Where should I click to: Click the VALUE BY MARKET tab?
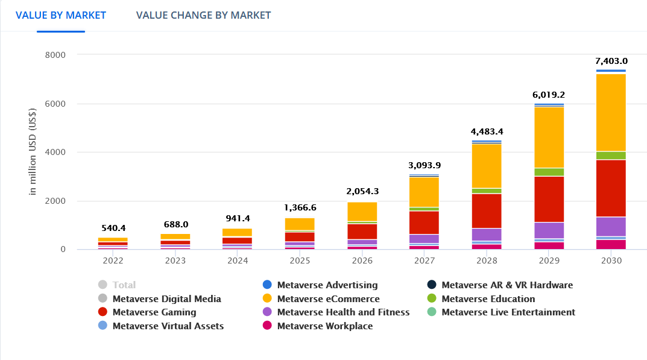(x=61, y=15)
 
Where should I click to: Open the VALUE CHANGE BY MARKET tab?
(x=203, y=15)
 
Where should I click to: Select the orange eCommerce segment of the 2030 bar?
(x=611, y=112)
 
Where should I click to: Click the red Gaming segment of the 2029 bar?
(x=549, y=199)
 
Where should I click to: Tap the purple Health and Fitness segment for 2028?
(x=487, y=235)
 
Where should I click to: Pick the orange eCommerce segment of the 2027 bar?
(x=424, y=192)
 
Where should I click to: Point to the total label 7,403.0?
(x=611, y=61)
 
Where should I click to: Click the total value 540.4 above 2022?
(x=113, y=229)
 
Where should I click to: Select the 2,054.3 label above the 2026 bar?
(x=362, y=191)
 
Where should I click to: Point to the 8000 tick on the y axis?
(x=55, y=55)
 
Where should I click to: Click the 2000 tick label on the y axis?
(x=55, y=201)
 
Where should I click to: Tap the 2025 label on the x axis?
(x=300, y=261)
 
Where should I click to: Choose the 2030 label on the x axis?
(x=611, y=261)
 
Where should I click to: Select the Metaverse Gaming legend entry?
(x=154, y=312)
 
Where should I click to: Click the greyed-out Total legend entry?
(x=124, y=285)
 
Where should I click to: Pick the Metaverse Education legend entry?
(x=488, y=298)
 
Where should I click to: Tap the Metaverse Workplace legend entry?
(x=324, y=326)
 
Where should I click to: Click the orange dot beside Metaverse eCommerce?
(x=267, y=298)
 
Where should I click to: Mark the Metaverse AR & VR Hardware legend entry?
(x=507, y=285)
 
